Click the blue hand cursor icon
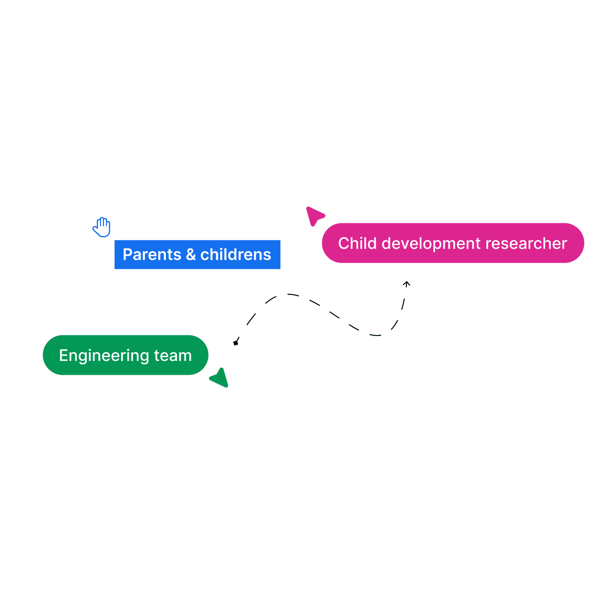[102, 227]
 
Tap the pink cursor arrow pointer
[314, 215]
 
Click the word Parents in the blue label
[152, 255]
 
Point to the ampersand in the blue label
[191, 255]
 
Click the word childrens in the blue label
[236, 255]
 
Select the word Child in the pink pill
[357, 243]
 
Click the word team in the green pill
[173, 356]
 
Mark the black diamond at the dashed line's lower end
[236, 343]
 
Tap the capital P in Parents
[127, 255]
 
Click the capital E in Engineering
[63, 355]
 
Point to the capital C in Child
[344, 243]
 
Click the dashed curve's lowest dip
[376, 336]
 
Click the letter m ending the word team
[186, 356]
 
